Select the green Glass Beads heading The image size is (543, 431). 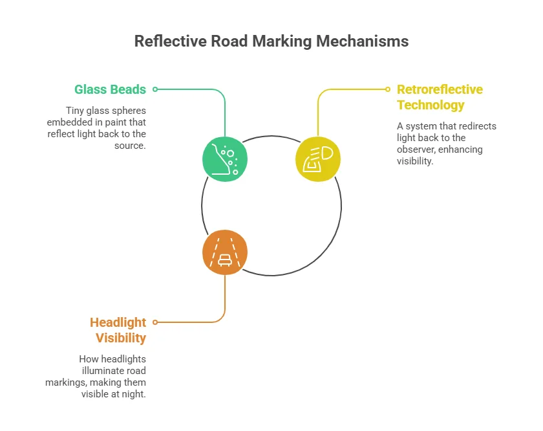coord(110,89)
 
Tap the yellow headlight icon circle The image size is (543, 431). coord(317,158)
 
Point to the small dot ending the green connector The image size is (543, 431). coord(155,89)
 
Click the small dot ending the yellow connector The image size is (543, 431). coord(388,89)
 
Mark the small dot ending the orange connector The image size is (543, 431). coord(155,322)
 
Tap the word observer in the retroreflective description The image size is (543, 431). coord(418,149)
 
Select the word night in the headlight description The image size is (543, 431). coord(134,394)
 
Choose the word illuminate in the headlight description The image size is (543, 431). coord(123,371)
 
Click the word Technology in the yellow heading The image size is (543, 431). coord(431,105)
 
